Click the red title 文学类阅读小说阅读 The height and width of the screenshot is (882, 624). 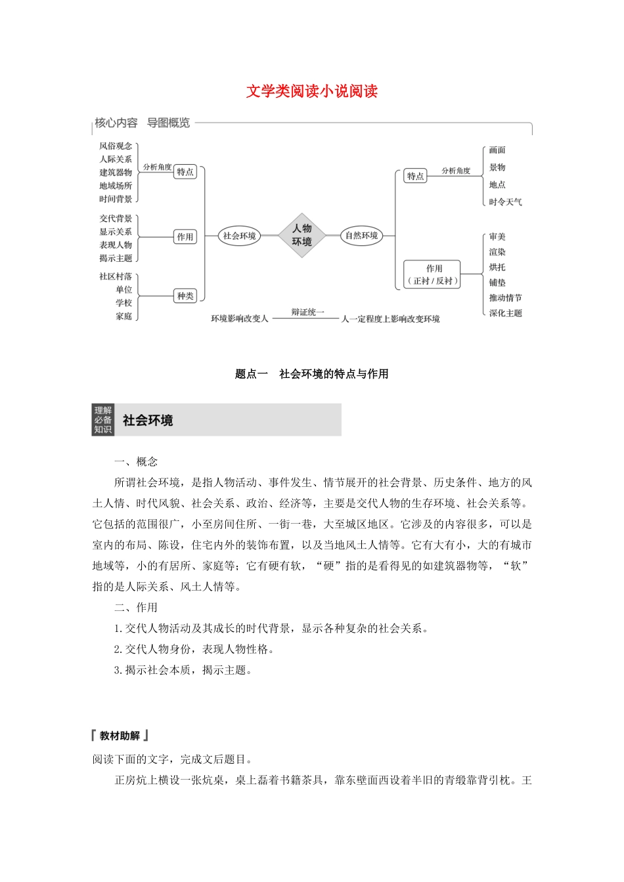[312, 91]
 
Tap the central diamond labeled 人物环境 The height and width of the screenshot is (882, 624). [302, 235]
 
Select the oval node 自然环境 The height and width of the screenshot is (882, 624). [362, 236]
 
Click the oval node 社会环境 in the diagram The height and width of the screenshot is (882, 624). [239, 236]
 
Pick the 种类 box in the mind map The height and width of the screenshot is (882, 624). [185, 296]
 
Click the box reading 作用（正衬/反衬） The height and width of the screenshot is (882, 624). [434, 274]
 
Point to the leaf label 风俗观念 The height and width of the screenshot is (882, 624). [116, 146]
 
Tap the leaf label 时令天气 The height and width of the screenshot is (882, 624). [505, 202]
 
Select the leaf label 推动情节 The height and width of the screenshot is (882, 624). [505, 298]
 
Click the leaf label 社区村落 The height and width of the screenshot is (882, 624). [116, 276]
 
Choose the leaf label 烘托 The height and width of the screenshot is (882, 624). [497, 267]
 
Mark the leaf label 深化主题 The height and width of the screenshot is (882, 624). [505, 313]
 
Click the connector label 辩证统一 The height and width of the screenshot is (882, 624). [308, 312]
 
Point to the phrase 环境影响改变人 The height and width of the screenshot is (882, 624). [239, 319]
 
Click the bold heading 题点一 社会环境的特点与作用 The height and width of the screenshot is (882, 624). [312, 374]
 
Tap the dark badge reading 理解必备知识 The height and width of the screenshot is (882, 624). [103, 420]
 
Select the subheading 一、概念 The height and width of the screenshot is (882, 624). [136, 462]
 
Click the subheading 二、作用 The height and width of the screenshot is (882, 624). [136, 608]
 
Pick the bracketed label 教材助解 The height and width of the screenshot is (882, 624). [120, 736]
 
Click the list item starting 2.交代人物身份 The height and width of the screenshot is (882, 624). [194, 649]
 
